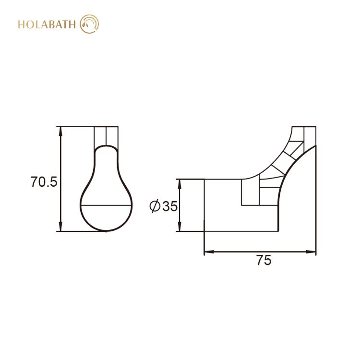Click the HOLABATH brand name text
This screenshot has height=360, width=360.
47,24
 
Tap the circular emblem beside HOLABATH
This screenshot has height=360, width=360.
89,24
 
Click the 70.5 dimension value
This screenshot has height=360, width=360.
44,182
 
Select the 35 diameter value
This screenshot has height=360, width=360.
170,206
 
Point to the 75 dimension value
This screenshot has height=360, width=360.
264,260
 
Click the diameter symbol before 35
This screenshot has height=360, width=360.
155,206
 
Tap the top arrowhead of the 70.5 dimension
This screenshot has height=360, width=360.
60,131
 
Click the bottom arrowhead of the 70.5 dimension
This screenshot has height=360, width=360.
60,227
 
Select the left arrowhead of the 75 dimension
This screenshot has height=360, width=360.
209,252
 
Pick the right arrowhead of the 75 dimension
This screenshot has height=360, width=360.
311,252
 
